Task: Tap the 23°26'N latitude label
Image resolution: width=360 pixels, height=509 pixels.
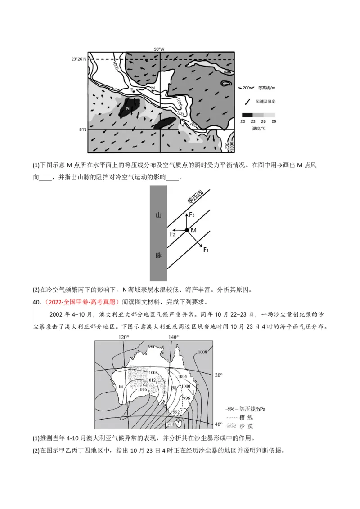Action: (79, 59)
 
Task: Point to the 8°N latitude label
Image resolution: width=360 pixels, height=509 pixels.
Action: (82, 129)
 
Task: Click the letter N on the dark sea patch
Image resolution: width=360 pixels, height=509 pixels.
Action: (127, 108)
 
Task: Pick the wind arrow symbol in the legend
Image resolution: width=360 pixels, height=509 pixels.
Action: (247, 102)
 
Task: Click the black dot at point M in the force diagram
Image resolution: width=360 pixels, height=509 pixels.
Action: (187, 230)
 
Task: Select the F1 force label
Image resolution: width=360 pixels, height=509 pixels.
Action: (206, 249)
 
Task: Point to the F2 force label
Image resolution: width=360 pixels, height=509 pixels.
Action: (172, 234)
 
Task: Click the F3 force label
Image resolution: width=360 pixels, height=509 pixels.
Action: (192, 215)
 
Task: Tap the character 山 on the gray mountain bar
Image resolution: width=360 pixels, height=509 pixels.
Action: (158, 215)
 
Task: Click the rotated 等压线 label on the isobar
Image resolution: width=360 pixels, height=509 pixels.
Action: (195, 196)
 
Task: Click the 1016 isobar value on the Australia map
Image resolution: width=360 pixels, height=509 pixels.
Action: (142, 389)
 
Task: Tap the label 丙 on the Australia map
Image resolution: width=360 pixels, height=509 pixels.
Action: (174, 388)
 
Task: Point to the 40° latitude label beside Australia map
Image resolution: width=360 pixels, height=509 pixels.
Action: (218, 424)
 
